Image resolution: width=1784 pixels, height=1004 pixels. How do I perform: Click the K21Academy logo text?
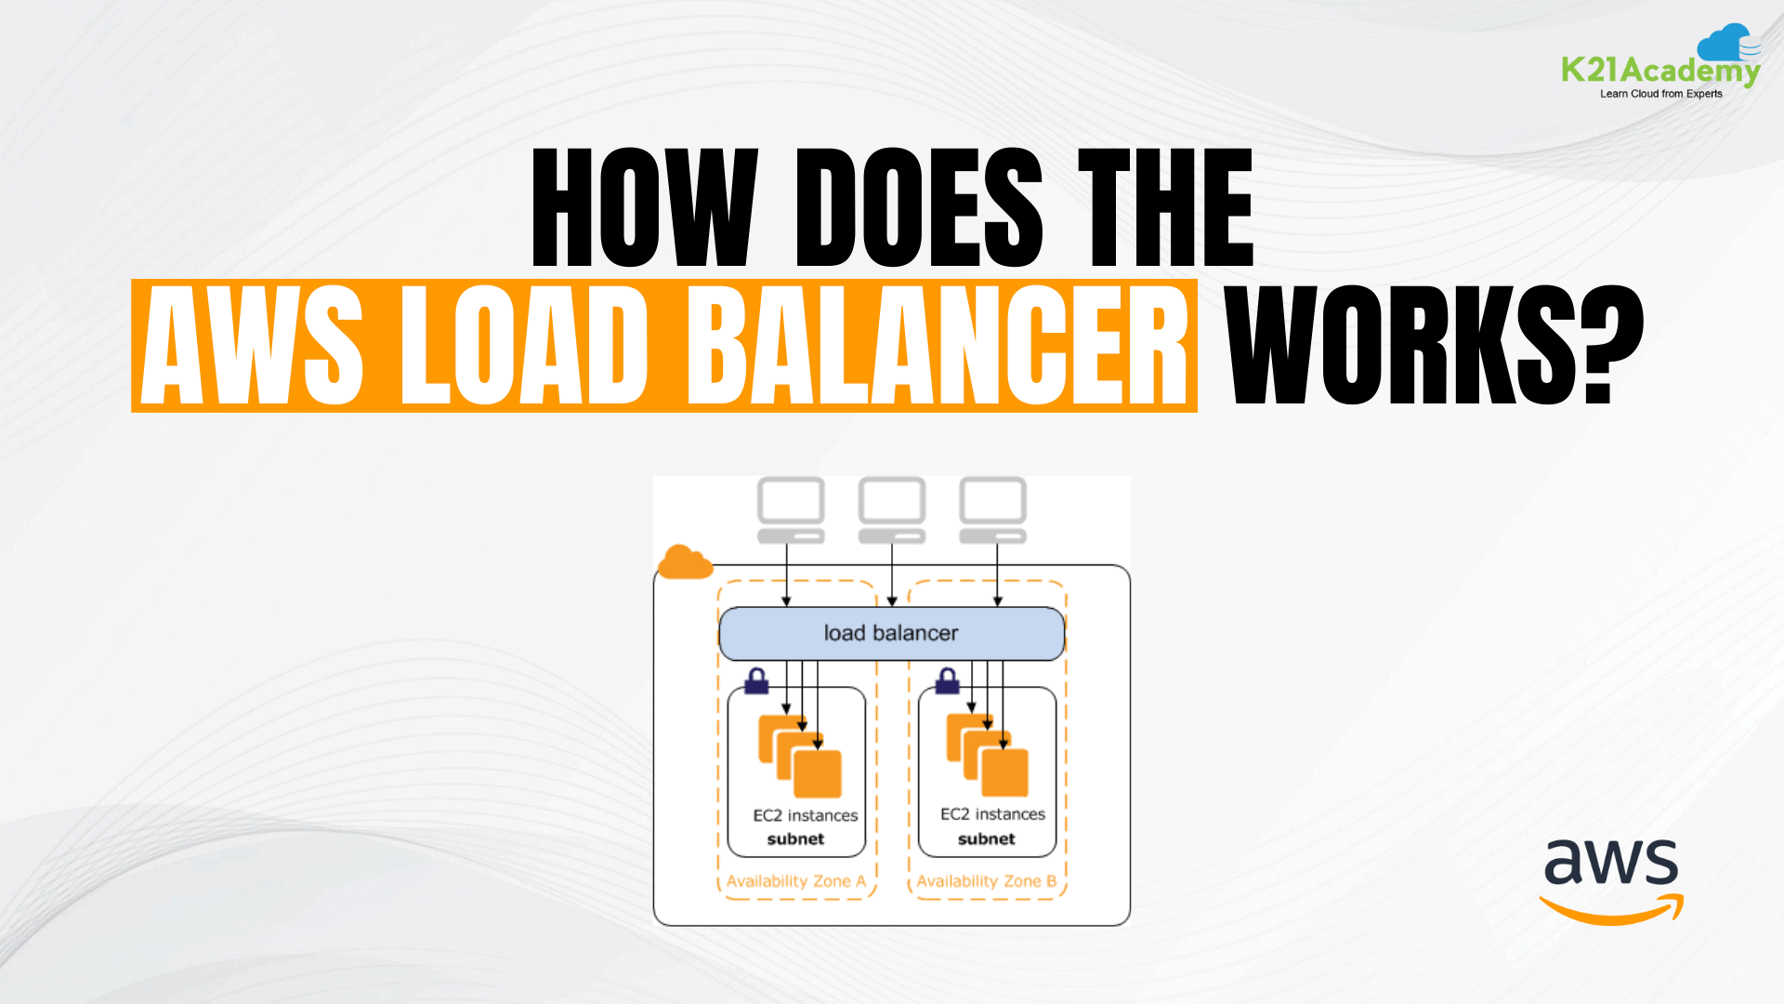click(x=1659, y=70)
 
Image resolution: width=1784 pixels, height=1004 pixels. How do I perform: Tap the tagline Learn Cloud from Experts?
click(x=1660, y=94)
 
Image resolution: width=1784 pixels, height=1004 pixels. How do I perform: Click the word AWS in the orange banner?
click(x=252, y=346)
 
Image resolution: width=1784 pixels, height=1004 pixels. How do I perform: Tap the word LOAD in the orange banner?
click(x=524, y=346)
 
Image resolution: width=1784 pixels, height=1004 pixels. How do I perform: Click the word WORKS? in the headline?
click(x=1435, y=346)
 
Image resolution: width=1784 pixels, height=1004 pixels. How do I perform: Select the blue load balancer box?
click(x=891, y=633)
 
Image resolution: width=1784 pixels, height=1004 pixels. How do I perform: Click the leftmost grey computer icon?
click(x=791, y=510)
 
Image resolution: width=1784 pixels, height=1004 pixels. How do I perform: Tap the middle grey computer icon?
click(x=892, y=510)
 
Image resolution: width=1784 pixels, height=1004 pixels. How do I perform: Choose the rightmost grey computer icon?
click(x=992, y=510)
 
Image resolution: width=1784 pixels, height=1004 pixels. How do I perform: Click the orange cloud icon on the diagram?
click(x=685, y=562)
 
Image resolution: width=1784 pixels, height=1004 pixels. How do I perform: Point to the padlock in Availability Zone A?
click(x=757, y=680)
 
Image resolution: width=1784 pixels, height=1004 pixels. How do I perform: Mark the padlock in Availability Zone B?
click(x=948, y=680)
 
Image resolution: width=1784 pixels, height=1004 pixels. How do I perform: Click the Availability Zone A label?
click(x=795, y=881)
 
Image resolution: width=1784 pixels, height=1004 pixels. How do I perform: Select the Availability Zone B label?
click(x=986, y=881)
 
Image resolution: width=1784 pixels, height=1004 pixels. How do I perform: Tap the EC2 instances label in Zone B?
click(x=992, y=814)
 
